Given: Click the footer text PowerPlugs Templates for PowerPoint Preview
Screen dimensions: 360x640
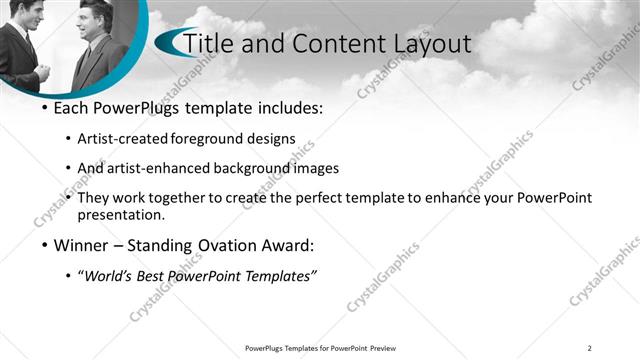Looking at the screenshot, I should click(x=319, y=348).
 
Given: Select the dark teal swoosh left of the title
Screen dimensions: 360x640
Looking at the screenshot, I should click(x=168, y=42).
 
